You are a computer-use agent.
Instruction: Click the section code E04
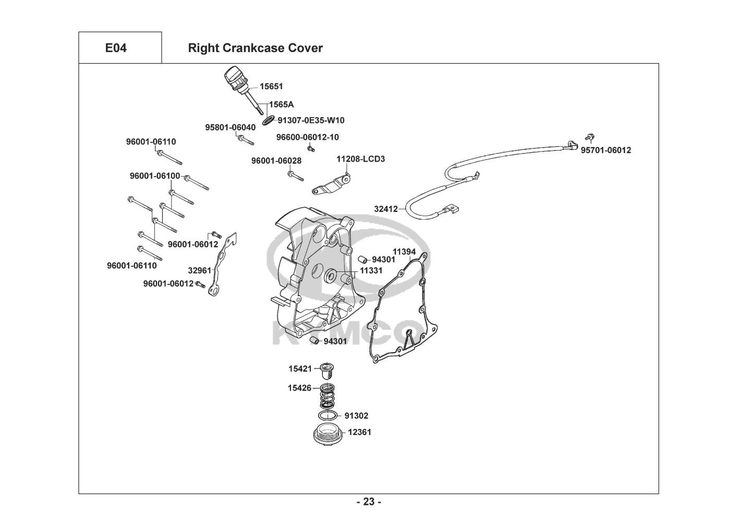click(116, 48)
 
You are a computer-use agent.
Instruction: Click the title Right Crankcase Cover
click(255, 48)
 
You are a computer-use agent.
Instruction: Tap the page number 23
click(369, 502)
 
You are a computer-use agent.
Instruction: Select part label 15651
click(271, 86)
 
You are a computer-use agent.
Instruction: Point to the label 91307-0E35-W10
click(311, 120)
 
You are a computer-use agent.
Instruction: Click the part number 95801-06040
click(230, 127)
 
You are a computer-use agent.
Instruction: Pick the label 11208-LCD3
click(360, 158)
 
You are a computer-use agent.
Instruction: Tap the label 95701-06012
click(606, 150)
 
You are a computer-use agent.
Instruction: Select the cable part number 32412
click(385, 209)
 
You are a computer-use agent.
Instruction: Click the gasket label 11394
click(404, 252)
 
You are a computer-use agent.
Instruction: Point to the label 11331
click(371, 270)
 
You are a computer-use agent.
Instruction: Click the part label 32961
click(200, 270)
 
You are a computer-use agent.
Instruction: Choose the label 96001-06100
click(155, 176)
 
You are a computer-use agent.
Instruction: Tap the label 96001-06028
click(276, 161)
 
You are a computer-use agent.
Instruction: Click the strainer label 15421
click(300, 369)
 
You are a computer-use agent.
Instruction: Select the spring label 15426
click(299, 388)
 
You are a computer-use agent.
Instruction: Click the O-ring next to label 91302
click(327, 415)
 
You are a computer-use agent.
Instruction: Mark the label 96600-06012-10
click(307, 137)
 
